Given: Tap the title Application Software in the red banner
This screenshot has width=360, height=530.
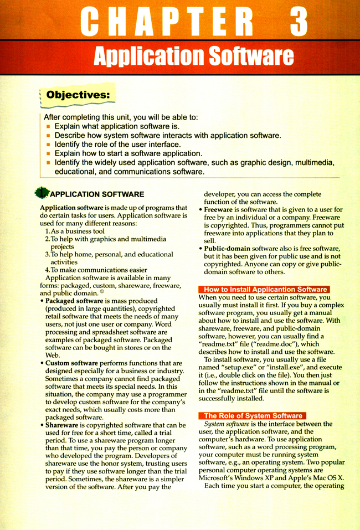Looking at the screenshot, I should [193, 56].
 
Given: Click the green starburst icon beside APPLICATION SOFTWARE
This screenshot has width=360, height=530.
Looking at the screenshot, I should [41, 194].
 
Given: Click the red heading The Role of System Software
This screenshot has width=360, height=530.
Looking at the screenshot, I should [253, 415].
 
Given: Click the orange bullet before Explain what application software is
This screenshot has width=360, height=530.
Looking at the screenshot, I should [49, 126].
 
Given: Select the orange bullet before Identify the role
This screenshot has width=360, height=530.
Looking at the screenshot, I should [49, 144].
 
